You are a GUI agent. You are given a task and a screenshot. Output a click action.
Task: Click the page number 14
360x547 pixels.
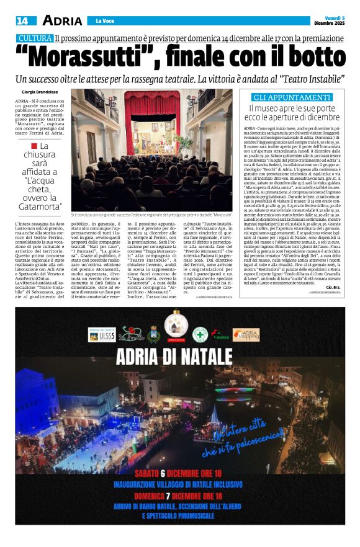[x=22, y=20]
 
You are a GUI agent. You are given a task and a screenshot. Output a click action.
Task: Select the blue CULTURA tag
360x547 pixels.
[x=35, y=38]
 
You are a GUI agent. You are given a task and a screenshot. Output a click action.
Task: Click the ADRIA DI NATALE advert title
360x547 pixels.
[x=179, y=357]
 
